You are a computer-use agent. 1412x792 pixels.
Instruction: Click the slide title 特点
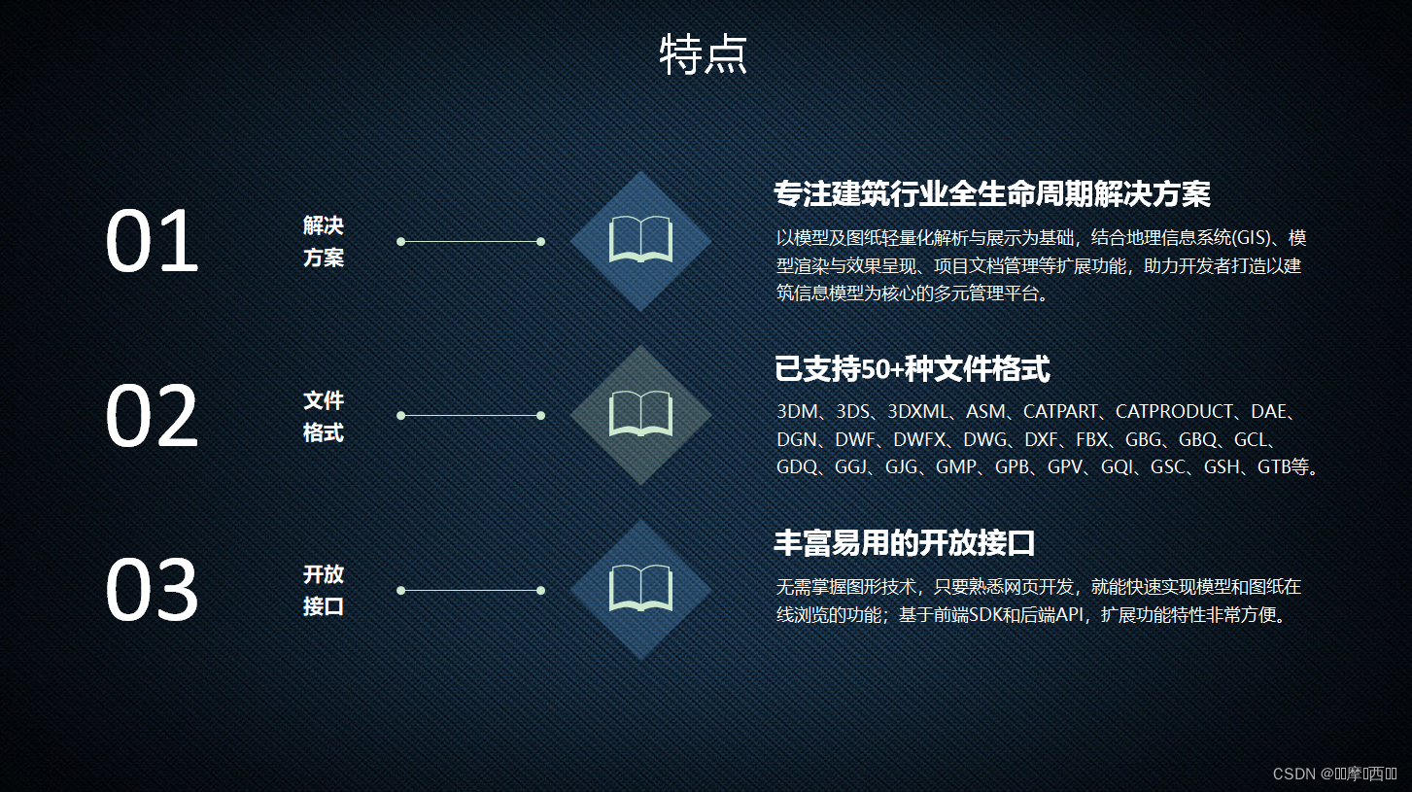click(x=704, y=55)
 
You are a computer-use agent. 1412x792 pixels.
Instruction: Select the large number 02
click(x=152, y=417)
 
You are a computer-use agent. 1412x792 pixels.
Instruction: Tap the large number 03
click(x=152, y=591)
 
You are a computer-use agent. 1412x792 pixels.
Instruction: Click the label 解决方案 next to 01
click(x=324, y=242)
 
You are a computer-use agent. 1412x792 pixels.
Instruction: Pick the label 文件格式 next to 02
click(x=324, y=416)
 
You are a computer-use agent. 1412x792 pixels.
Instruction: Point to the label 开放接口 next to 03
click(x=324, y=590)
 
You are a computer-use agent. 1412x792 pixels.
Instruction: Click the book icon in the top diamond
click(x=640, y=240)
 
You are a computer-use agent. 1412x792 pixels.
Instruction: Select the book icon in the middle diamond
click(x=640, y=415)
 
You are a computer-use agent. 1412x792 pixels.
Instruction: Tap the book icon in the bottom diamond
click(x=640, y=589)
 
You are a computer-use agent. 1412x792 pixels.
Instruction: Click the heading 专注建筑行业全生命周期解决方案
click(x=991, y=194)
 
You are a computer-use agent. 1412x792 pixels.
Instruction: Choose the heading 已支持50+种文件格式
click(x=912, y=369)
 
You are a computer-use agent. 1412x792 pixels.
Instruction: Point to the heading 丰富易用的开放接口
click(x=904, y=543)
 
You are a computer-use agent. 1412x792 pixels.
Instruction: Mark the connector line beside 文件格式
click(x=470, y=415)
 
